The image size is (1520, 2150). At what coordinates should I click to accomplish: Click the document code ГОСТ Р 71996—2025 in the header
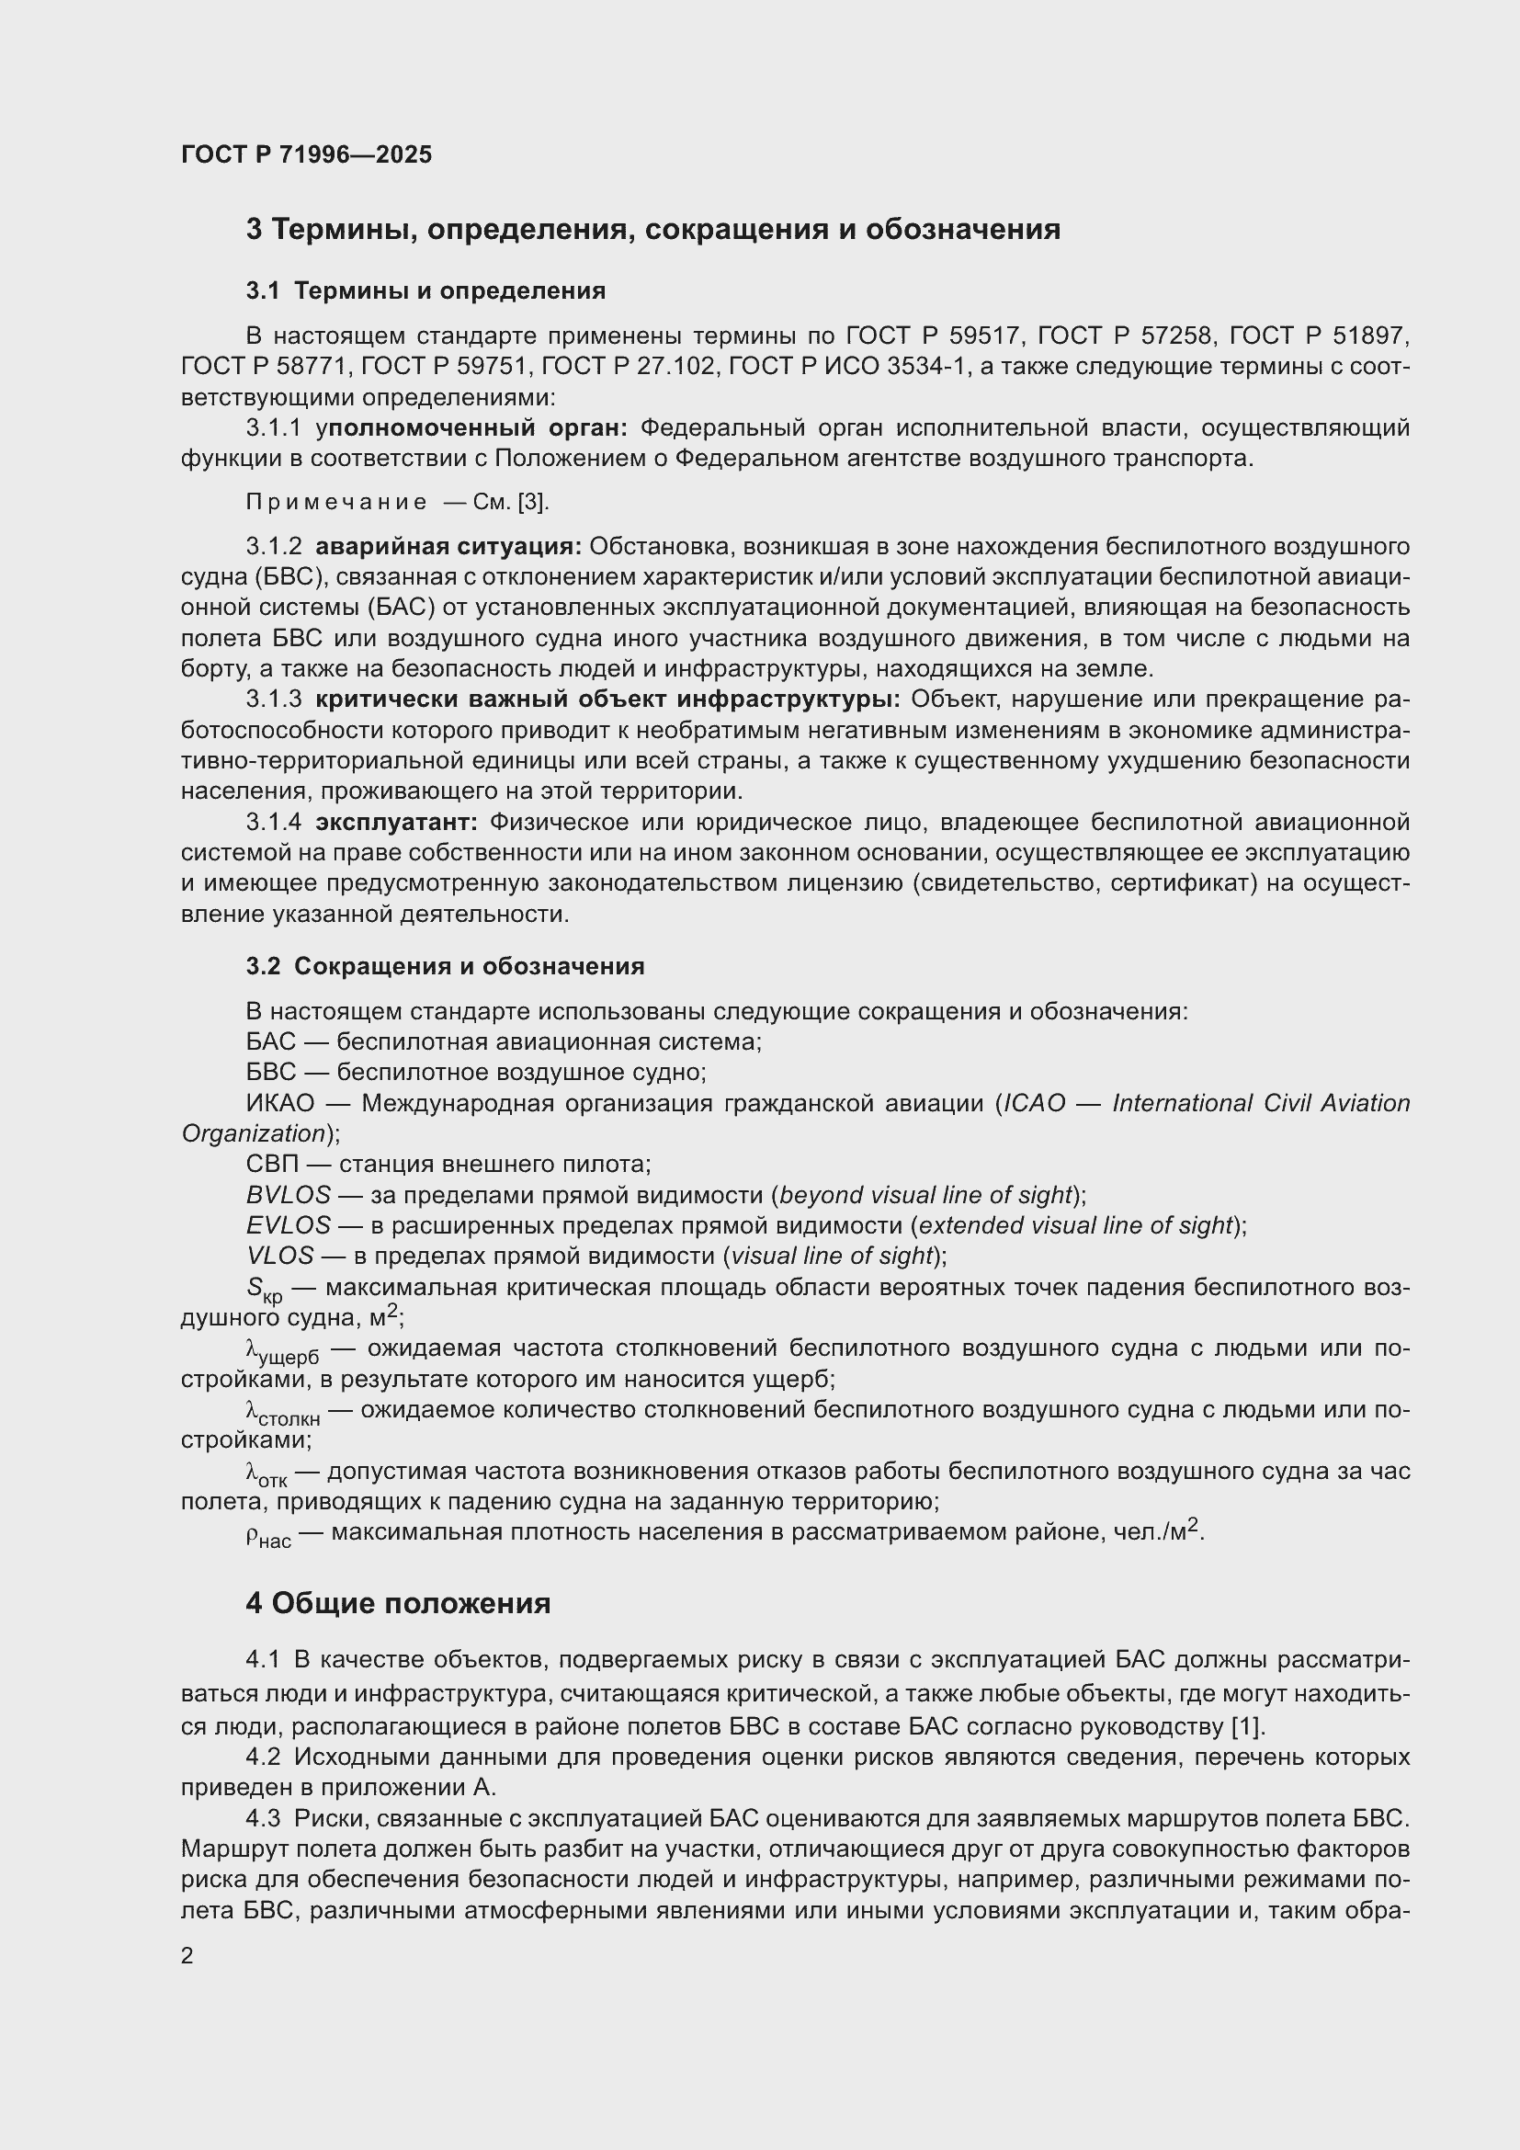(x=306, y=154)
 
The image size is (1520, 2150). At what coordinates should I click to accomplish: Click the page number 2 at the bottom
(x=187, y=1956)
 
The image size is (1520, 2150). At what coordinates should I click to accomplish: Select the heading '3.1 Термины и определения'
(x=425, y=291)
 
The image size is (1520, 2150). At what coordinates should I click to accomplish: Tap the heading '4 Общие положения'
(x=398, y=1604)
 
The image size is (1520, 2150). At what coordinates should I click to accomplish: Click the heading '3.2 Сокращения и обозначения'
(x=446, y=966)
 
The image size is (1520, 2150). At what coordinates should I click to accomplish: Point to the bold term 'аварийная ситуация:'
(x=448, y=547)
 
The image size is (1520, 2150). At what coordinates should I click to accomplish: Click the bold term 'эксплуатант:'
(x=397, y=823)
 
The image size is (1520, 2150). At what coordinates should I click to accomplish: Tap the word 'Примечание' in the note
(x=336, y=503)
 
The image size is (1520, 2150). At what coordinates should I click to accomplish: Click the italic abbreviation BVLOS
(x=289, y=1196)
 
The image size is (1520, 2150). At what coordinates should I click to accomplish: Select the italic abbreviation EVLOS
(x=289, y=1226)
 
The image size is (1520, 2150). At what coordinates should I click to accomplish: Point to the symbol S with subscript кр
(x=263, y=1291)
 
